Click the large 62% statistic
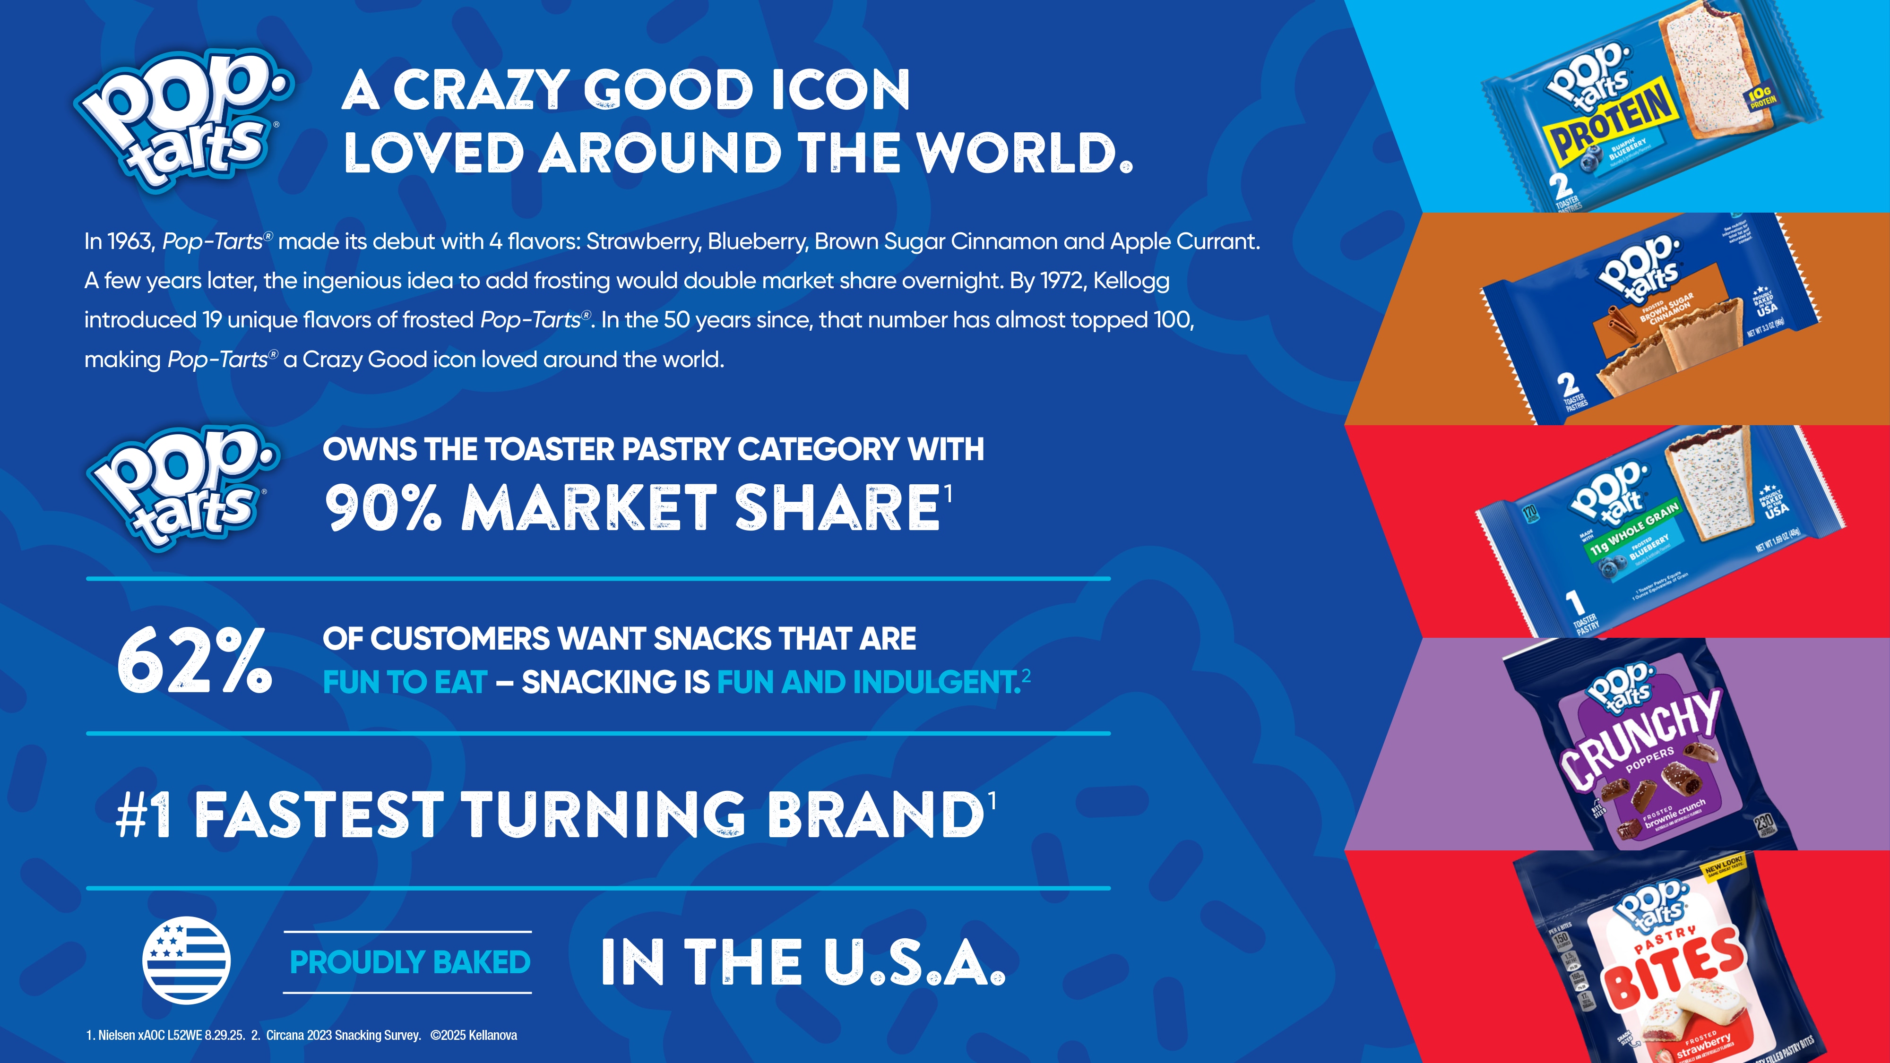pyautogui.click(x=194, y=661)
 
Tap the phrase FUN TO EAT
pyautogui.click(x=405, y=682)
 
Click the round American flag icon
pyautogui.click(x=186, y=960)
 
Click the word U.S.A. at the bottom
pyautogui.click(x=914, y=962)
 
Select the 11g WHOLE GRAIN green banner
pyautogui.click(x=1632, y=529)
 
